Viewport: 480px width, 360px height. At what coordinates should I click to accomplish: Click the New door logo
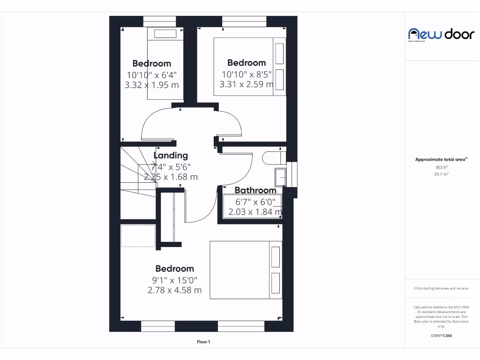(x=435, y=34)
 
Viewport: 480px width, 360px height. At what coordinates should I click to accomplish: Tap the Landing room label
(x=171, y=156)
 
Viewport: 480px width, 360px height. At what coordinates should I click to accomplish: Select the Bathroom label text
(x=255, y=190)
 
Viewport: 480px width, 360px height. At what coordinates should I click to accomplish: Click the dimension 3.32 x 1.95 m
(x=151, y=85)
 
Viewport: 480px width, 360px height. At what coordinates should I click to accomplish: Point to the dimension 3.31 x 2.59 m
(x=247, y=85)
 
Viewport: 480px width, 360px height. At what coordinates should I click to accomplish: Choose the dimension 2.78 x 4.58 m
(x=174, y=290)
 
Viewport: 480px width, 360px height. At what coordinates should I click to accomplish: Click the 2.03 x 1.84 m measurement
(x=255, y=212)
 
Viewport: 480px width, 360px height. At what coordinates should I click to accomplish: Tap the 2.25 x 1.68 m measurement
(x=171, y=177)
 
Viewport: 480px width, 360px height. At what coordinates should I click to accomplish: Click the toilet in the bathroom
(x=274, y=157)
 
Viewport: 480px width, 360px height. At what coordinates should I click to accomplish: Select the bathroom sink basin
(x=283, y=178)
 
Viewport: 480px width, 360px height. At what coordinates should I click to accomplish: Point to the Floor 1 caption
(x=203, y=342)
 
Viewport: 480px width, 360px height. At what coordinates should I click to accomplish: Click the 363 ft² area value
(x=441, y=167)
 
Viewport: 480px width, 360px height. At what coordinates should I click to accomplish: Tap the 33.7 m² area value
(x=441, y=174)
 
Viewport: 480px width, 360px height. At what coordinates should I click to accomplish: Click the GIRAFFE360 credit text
(x=441, y=336)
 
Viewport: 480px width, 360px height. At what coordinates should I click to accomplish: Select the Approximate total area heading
(x=441, y=159)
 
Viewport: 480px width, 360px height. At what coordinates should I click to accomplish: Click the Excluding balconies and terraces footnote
(x=441, y=288)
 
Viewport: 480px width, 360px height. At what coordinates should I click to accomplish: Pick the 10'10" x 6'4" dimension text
(x=151, y=75)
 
